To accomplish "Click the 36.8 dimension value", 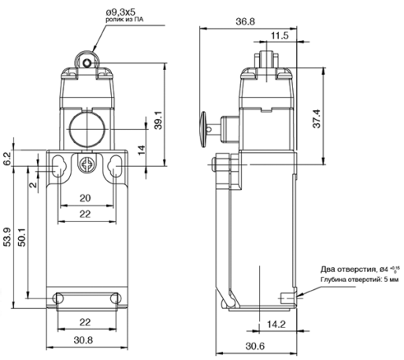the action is click(x=245, y=21).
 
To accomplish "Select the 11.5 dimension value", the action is click(x=280, y=35).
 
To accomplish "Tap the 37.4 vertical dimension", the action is click(x=317, y=119).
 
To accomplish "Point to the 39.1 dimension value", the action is click(x=158, y=121).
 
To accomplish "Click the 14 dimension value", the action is click(x=142, y=150).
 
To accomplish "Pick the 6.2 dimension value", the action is click(x=7, y=159).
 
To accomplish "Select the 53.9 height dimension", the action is click(x=8, y=237).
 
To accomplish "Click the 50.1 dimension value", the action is click(x=22, y=237).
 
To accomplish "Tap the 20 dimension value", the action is click(x=85, y=198).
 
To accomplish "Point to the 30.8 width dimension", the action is click(x=83, y=340).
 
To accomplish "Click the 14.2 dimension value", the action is click(x=276, y=325).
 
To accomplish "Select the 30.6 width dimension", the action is click(x=255, y=346).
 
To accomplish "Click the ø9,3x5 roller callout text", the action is click(x=121, y=12).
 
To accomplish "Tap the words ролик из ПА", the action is click(x=124, y=20).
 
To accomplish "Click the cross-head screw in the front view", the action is click(x=87, y=165).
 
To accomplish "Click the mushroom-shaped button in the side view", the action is click(x=203, y=129).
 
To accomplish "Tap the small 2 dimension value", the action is click(x=33, y=184).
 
